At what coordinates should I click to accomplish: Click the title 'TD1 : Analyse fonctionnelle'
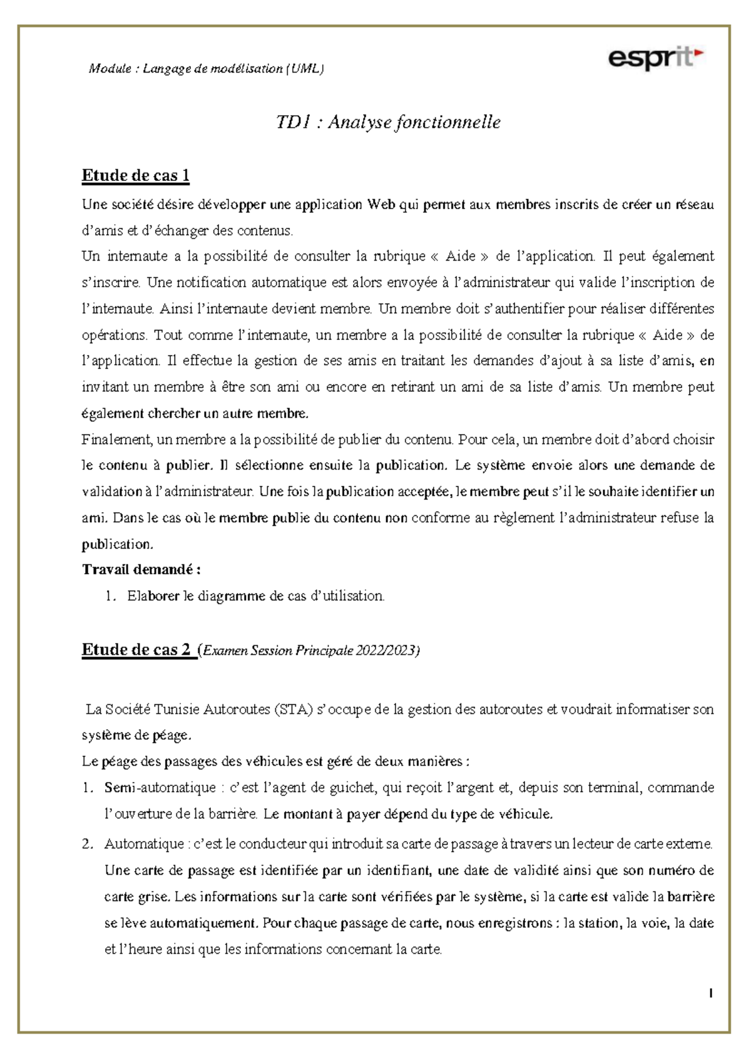pyautogui.click(x=388, y=122)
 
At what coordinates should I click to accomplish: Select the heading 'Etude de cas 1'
pyautogui.click(x=135, y=176)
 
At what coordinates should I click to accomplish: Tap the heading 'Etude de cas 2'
pyautogui.click(x=136, y=650)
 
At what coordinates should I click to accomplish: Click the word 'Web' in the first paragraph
pyautogui.click(x=381, y=205)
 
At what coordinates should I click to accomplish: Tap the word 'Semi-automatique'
pyautogui.click(x=160, y=788)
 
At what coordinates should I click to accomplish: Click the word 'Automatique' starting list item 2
pyautogui.click(x=143, y=844)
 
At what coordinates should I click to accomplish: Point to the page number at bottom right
pyautogui.click(x=711, y=993)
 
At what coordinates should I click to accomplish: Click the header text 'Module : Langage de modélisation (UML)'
pyautogui.click(x=206, y=69)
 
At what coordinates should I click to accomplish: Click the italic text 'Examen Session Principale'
pyautogui.click(x=278, y=651)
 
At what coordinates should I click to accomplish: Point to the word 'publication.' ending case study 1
pyautogui.click(x=117, y=544)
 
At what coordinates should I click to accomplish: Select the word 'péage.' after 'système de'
pyautogui.click(x=172, y=735)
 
